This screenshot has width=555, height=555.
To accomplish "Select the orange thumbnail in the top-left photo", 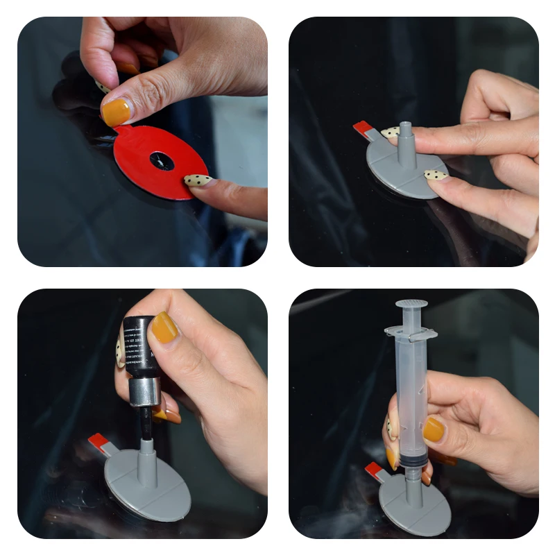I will coord(116,112).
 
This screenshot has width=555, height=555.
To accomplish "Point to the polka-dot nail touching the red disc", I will coord(198,180).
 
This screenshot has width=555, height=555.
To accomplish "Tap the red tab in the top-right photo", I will coord(362,129).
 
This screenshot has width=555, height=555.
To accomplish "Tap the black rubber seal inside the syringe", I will coord(412,460).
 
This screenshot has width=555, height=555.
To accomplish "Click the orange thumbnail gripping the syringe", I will coord(434,429).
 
